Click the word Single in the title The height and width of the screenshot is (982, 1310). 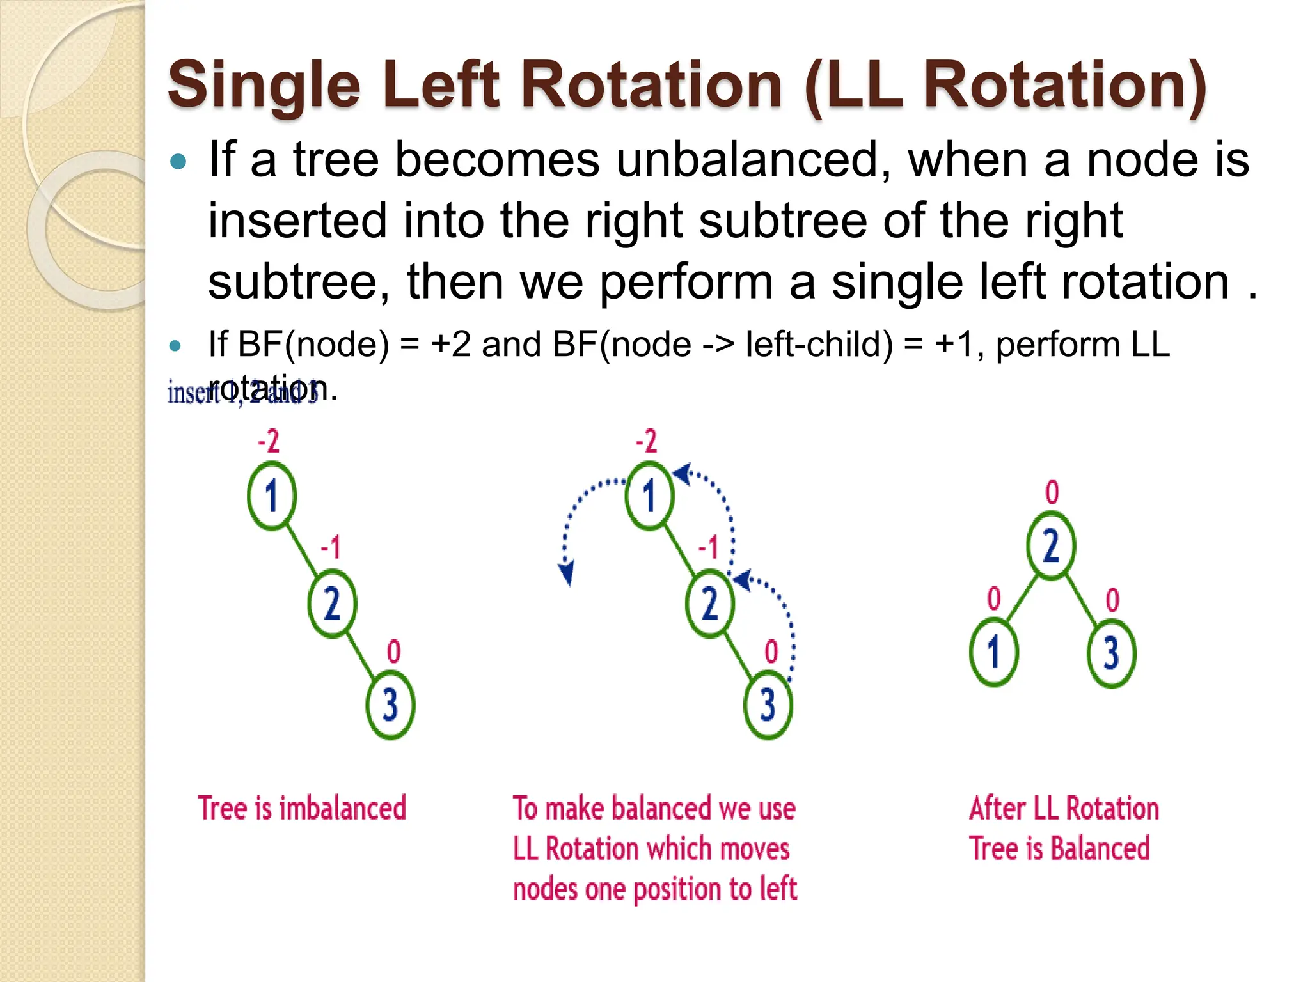coord(264,86)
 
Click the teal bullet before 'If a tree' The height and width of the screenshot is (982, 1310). coord(178,161)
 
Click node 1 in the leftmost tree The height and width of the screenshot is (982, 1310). coord(272,496)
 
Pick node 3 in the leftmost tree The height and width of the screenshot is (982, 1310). coord(390,705)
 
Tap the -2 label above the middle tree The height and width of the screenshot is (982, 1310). coord(646,442)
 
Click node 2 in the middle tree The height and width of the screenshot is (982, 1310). coord(709,604)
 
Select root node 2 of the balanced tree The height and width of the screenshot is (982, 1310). coord(1051,546)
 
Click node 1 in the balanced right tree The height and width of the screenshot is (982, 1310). coord(993,653)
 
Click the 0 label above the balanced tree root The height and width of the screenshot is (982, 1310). coord(1052,493)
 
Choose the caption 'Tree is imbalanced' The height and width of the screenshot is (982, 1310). coord(301,808)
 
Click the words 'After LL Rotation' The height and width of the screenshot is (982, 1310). coord(1063,808)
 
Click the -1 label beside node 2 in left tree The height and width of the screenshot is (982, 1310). coord(331,548)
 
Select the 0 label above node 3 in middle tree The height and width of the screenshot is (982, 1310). coord(771,652)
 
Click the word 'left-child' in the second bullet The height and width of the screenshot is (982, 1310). coord(819,345)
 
